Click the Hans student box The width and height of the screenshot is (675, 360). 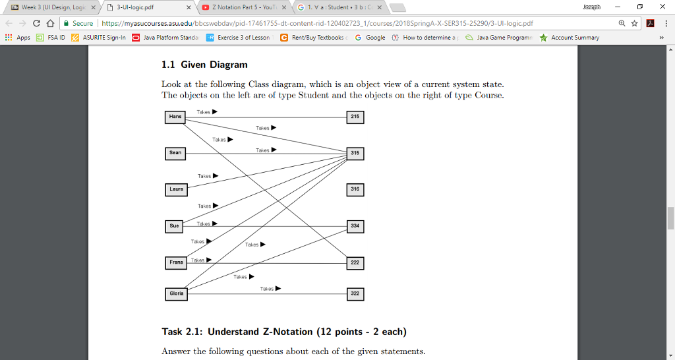[x=175, y=117]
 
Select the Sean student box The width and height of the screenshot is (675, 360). [x=175, y=153]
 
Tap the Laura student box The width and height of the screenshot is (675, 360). [x=175, y=189]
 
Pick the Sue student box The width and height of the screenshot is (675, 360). [x=175, y=225]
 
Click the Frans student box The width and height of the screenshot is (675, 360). [x=175, y=262]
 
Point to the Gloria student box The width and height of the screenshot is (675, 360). [x=176, y=293]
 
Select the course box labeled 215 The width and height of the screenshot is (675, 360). [x=355, y=117]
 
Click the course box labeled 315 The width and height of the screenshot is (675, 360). [x=355, y=153]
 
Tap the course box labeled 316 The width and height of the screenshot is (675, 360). [x=355, y=189]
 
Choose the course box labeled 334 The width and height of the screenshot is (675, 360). [x=355, y=225]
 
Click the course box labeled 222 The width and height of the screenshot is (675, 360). [x=355, y=262]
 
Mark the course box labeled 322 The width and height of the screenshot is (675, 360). [x=355, y=293]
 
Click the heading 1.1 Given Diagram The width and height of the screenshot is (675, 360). [x=204, y=65]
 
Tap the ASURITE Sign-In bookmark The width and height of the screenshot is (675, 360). [x=100, y=38]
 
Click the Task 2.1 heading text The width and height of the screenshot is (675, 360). [x=283, y=331]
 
